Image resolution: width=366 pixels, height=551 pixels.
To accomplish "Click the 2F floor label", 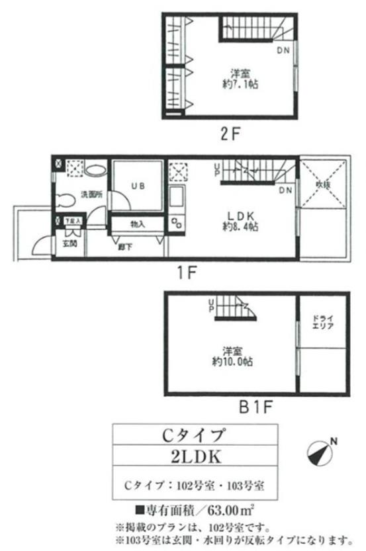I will tap(229, 132).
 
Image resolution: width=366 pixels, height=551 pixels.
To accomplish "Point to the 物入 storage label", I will tap(138, 225).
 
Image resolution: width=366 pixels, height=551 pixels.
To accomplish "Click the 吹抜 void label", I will tap(322, 183).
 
